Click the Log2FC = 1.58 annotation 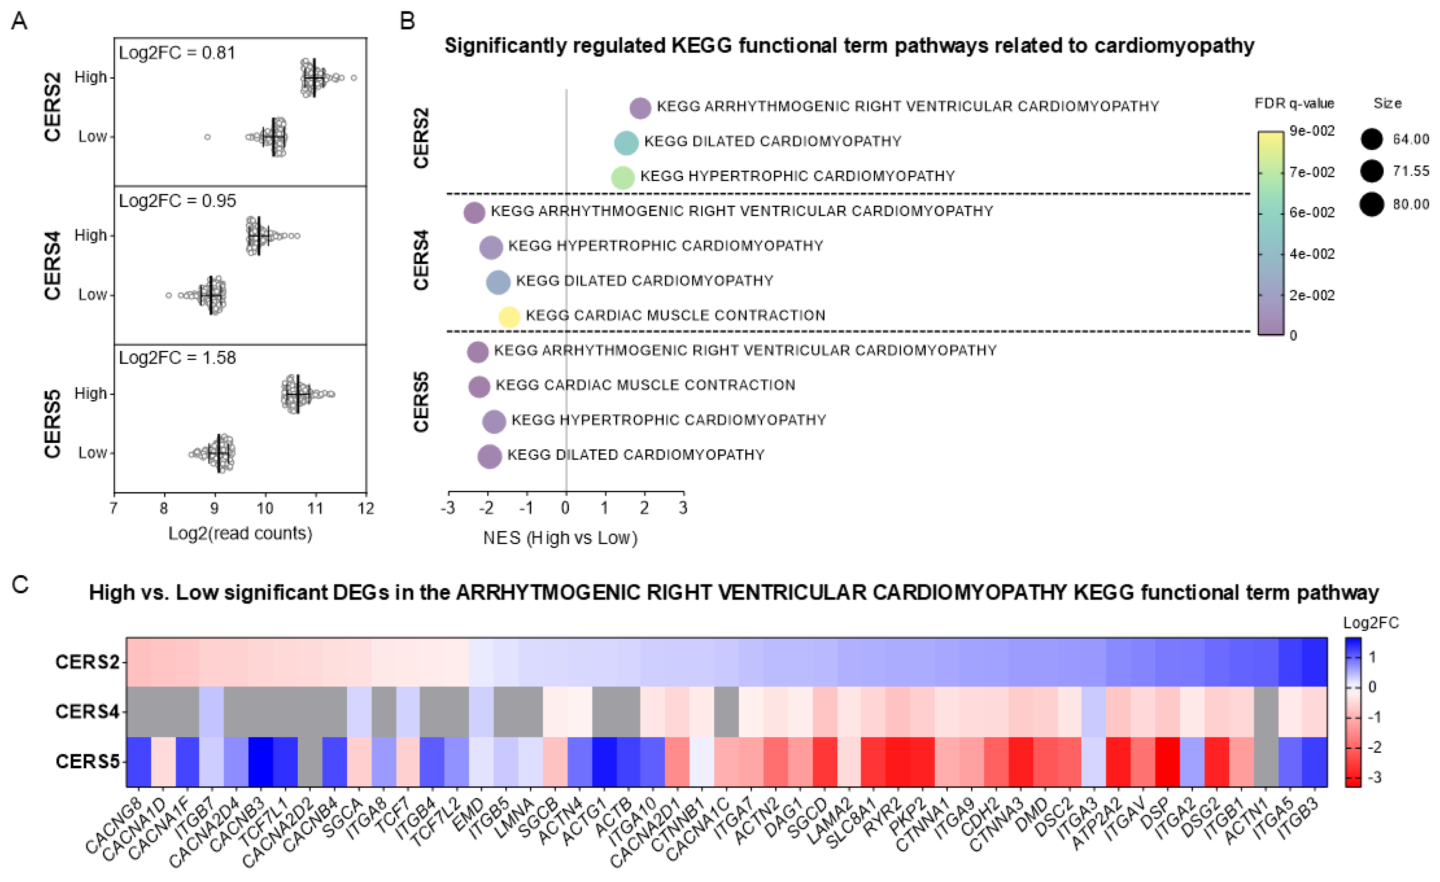tap(177, 358)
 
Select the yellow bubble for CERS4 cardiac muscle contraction tap(509, 317)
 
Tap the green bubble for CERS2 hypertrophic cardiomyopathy tap(622, 178)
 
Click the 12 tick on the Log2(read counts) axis tap(366, 508)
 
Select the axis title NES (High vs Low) tap(560, 538)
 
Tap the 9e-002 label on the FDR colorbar tap(1312, 131)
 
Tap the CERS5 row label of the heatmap tap(87, 762)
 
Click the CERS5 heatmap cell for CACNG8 tap(139, 762)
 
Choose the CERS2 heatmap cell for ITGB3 tap(1314, 662)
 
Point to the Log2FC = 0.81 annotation tap(177, 53)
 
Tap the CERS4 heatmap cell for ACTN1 tap(1266, 711)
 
